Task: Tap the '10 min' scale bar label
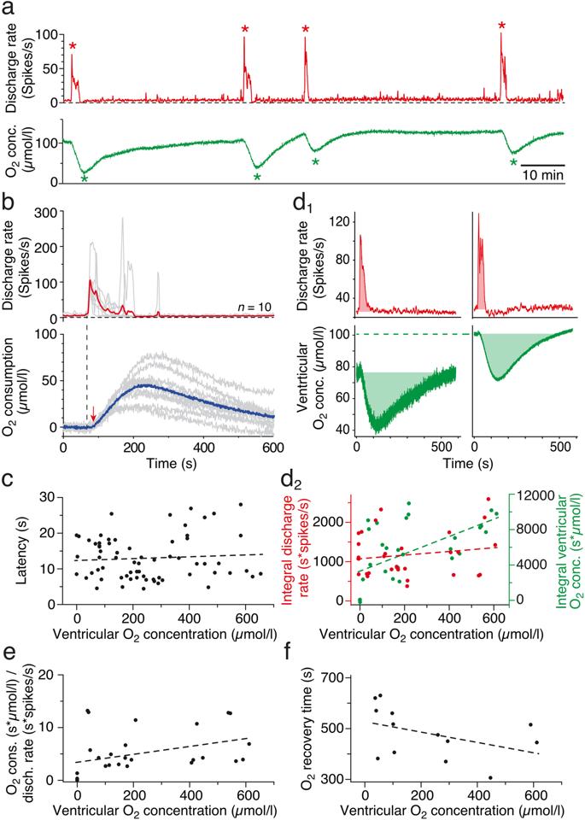pos(542,175)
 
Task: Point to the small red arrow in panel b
pos(94,415)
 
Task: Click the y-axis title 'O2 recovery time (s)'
pos(308,727)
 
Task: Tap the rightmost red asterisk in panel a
pos(502,26)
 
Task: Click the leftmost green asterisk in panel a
pos(84,178)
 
